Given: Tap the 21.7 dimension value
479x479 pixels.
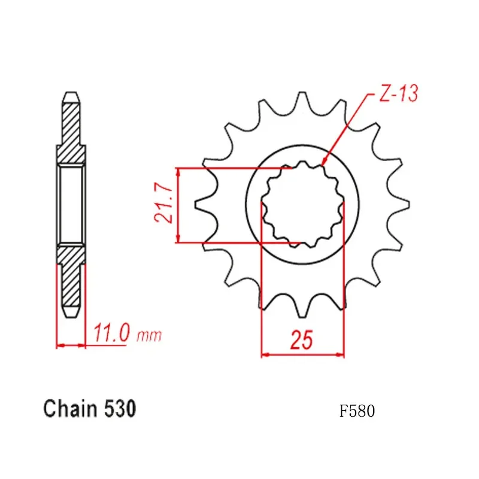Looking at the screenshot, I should (x=165, y=204).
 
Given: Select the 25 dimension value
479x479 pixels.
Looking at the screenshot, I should (x=302, y=340).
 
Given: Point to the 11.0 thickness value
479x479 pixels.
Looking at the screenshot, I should (x=110, y=332).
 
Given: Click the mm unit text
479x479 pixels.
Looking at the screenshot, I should (x=148, y=335).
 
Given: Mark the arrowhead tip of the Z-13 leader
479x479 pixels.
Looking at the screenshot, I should (x=323, y=164).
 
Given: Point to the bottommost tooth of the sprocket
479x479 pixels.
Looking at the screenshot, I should (x=303, y=311).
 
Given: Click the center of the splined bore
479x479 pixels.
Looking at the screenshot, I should (x=303, y=204).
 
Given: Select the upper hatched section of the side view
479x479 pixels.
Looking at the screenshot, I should (x=71, y=132).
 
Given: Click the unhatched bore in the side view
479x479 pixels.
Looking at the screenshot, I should (x=71, y=204).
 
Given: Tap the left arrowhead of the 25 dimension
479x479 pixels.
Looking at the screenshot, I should (x=263, y=355).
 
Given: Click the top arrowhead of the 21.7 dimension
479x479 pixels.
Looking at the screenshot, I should (x=178, y=171).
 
